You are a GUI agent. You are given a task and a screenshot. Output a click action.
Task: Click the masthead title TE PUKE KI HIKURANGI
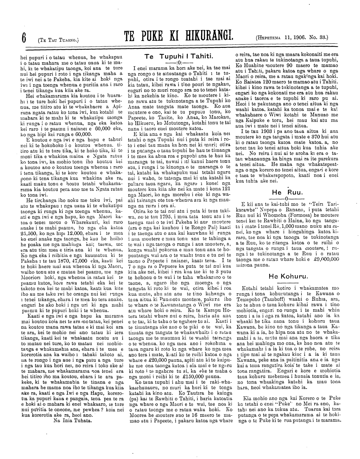point(179,37)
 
